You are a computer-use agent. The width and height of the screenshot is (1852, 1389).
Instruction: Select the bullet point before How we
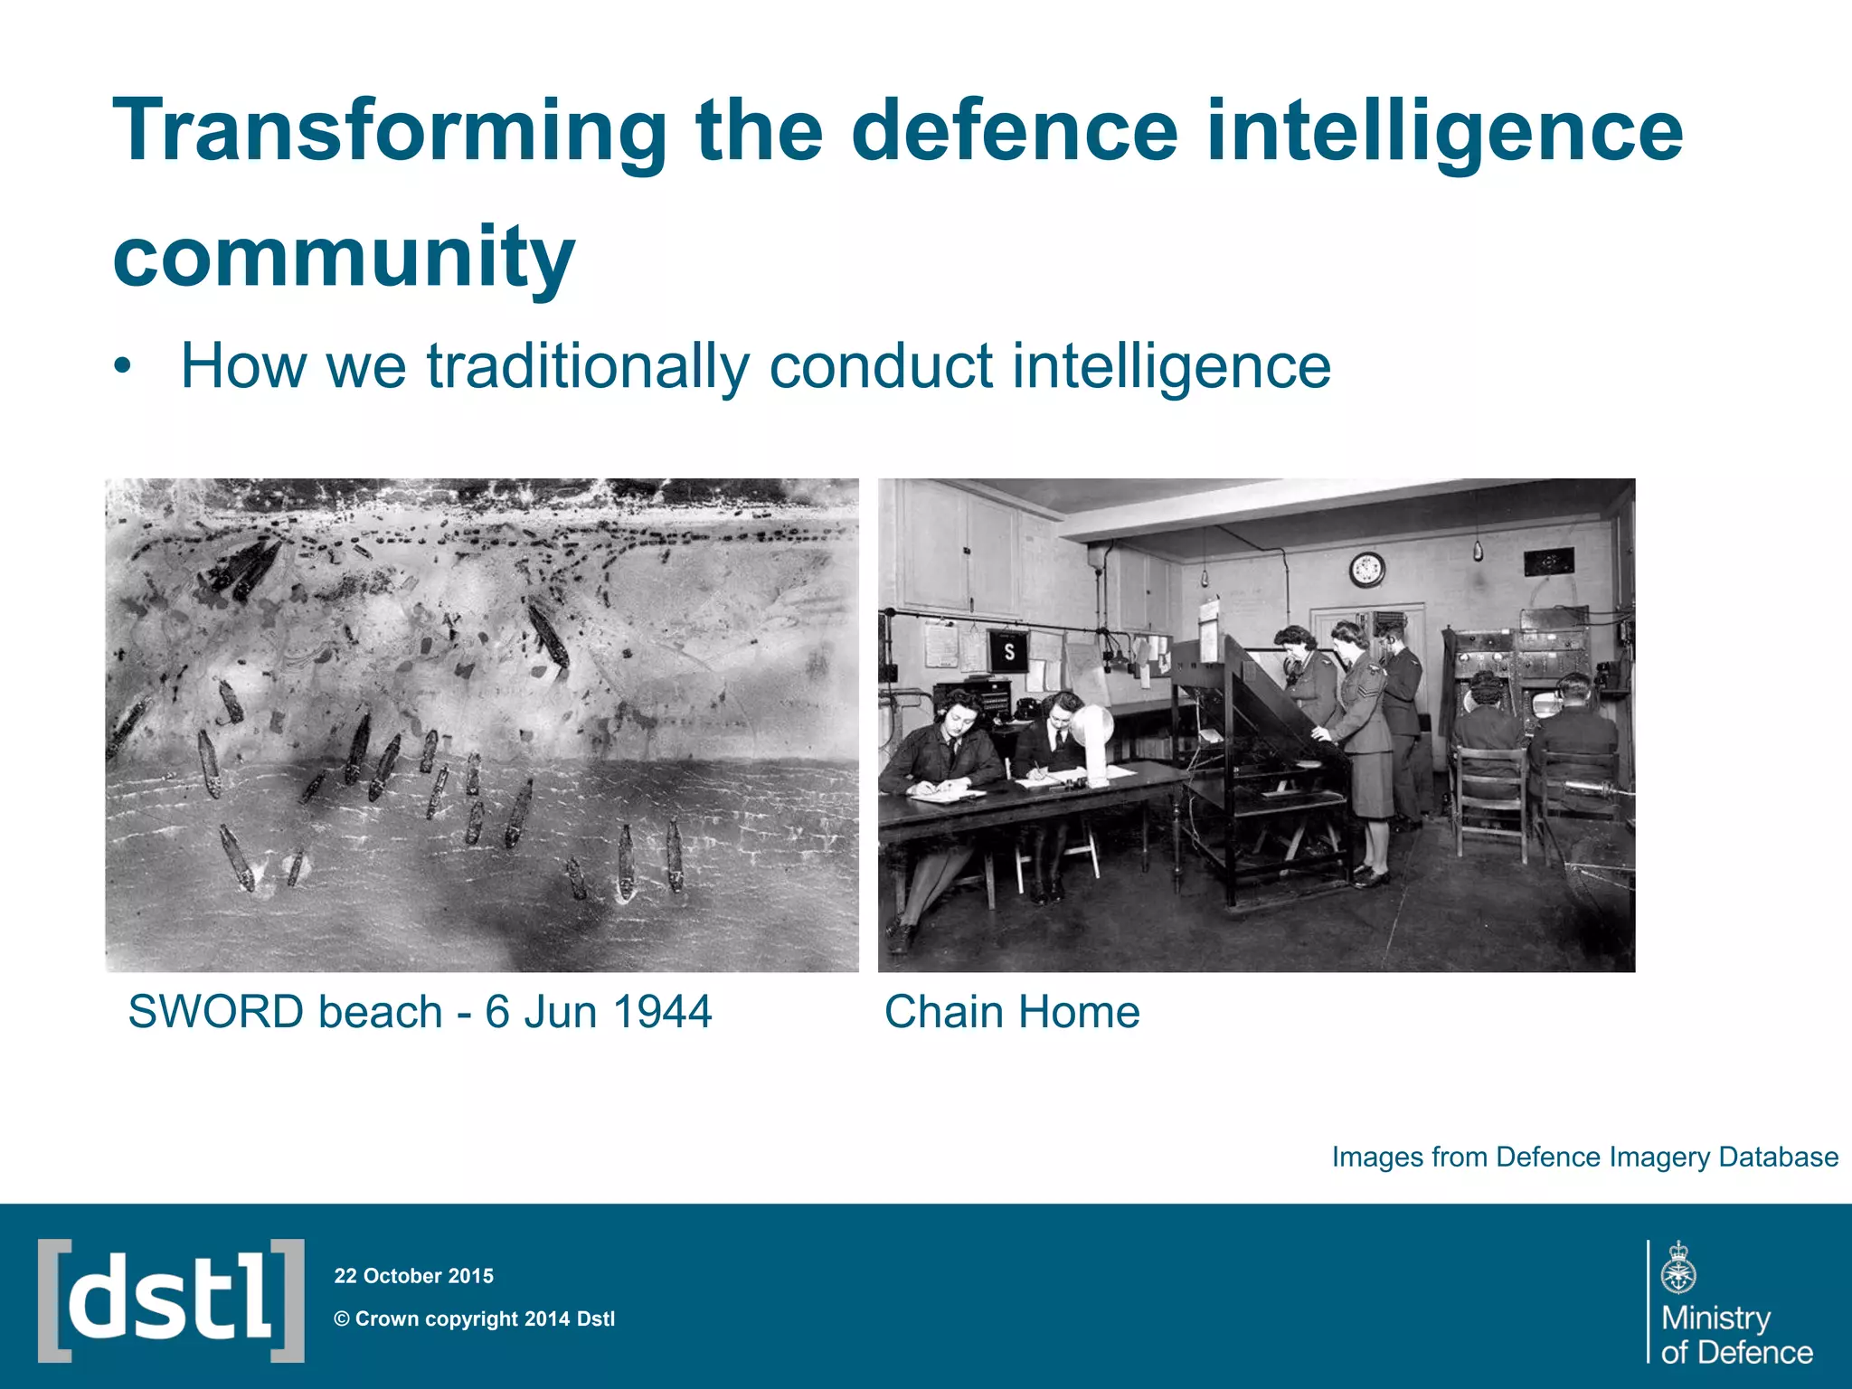(x=123, y=368)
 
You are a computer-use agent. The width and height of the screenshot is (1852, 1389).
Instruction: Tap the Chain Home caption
(x=1012, y=1012)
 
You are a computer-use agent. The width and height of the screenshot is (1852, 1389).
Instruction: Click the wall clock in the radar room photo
(x=1366, y=570)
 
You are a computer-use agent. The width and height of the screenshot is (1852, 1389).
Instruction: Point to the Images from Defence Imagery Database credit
(x=1584, y=1157)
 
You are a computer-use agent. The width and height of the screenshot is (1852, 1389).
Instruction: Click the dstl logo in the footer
(x=171, y=1300)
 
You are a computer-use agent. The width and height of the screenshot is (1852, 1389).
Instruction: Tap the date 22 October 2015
(x=414, y=1276)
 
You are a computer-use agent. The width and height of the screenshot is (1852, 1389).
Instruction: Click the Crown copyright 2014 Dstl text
(x=475, y=1318)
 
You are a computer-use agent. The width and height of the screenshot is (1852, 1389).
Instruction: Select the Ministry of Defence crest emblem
(x=1678, y=1269)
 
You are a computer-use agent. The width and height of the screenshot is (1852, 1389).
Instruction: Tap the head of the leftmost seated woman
(x=959, y=714)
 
